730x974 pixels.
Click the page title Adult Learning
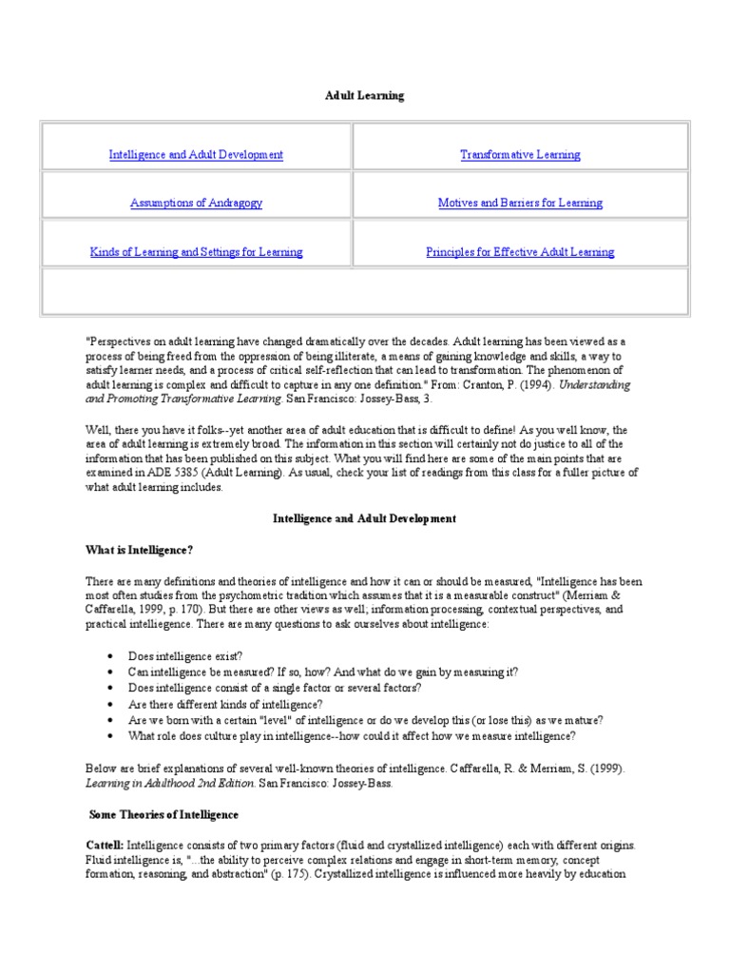click(365, 96)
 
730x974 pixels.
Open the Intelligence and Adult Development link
click(196, 154)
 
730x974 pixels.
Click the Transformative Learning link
click(520, 154)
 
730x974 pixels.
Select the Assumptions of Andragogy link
click(196, 203)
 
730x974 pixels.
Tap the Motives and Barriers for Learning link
click(520, 203)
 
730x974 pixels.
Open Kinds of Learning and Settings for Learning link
click(196, 252)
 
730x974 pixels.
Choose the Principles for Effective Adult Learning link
click(520, 252)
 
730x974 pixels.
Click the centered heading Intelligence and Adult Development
click(365, 518)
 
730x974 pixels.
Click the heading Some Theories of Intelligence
click(163, 814)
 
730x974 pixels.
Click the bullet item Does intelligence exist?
click(185, 655)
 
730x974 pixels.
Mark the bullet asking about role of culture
click(351, 735)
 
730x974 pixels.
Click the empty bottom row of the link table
click(365, 290)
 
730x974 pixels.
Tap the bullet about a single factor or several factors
click(275, 687)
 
